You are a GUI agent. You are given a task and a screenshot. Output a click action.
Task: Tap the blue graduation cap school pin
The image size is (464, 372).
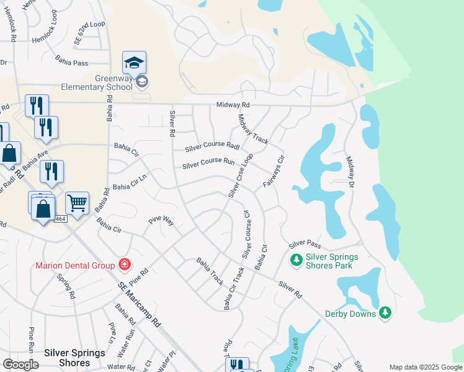(x=134, y=62)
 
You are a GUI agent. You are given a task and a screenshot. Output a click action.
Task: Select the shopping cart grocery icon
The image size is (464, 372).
(x=77, y=202)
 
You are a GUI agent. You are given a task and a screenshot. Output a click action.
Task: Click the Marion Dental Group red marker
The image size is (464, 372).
(x=125, y=265)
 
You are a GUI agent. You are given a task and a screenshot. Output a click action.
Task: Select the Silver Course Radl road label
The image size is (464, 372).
(x=213, y=147)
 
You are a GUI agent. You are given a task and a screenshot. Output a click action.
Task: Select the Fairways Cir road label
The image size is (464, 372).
(x=273, y=171)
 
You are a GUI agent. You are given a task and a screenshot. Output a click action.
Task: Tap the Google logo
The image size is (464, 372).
(x=20, y=365)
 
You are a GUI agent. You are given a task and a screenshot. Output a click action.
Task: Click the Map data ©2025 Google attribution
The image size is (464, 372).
(x=426, y=367)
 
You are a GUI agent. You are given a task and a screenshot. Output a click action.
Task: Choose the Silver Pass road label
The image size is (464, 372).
(x=304, y=244)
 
